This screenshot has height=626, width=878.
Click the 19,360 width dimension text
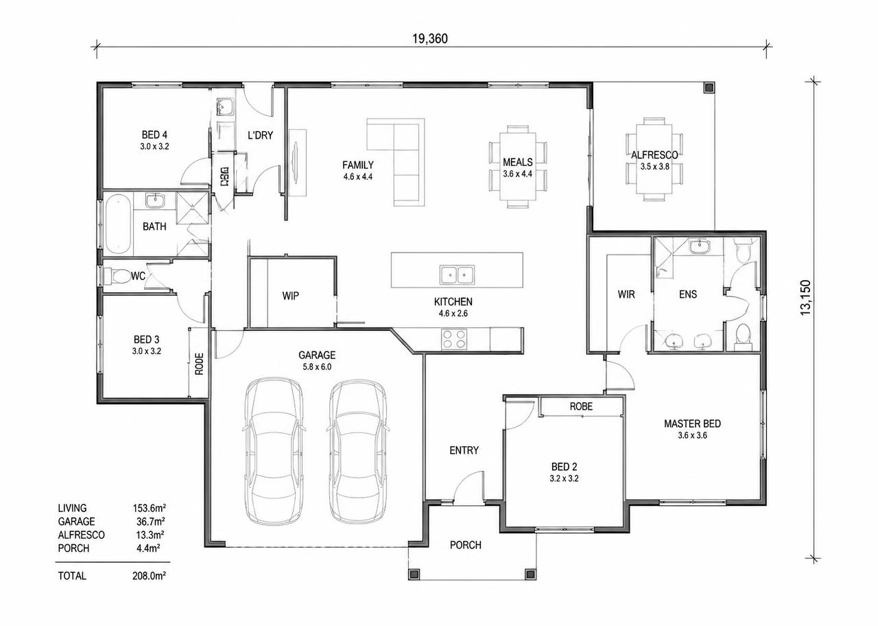coord(429,39)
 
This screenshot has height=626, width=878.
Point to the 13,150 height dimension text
coord(805,298)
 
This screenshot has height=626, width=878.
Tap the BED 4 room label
coord(154,135)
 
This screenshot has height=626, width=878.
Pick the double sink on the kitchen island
coord(457,275)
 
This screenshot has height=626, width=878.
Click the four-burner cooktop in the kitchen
coord(454,339)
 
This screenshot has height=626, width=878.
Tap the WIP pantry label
coord(290,296)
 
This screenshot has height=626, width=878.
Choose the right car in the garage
coord(358,448)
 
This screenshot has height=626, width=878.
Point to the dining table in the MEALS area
coord(518,166)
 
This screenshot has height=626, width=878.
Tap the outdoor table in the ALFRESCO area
coord(654,159)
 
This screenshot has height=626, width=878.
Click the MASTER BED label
coord(692,424)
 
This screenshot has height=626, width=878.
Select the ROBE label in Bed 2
coord(581,406)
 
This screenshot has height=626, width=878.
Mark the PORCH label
coord(466,545)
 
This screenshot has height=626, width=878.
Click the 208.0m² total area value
coord(149,576)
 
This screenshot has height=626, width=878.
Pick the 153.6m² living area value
coord(149,508)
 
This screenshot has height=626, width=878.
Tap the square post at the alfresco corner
coord(709,88)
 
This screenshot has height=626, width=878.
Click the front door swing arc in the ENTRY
coord(462,480)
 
